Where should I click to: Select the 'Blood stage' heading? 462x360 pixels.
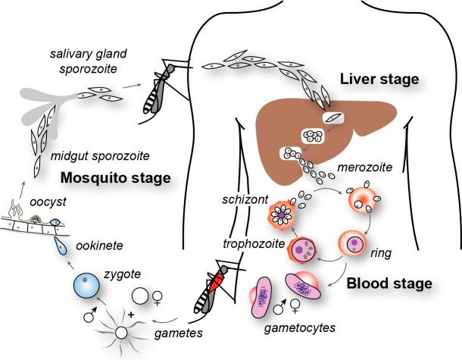tap(388, 283)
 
